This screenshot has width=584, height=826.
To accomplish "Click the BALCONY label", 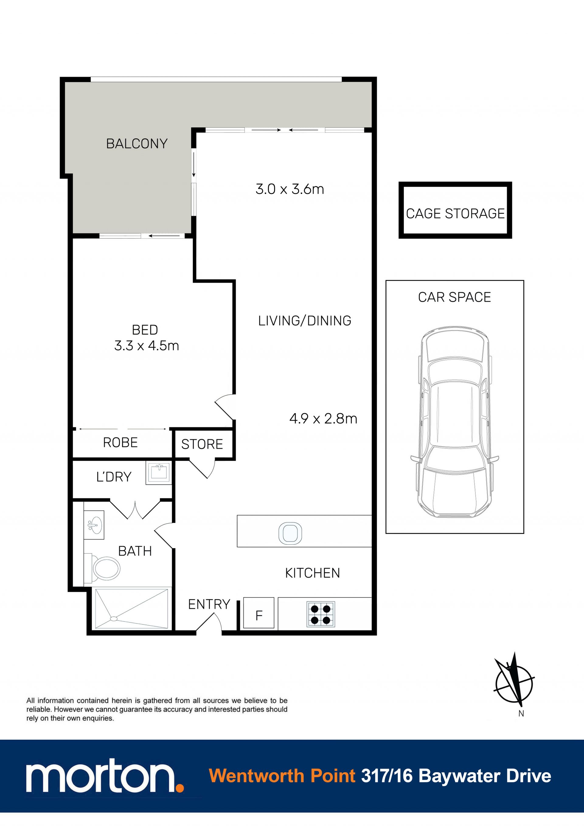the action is point(137,143).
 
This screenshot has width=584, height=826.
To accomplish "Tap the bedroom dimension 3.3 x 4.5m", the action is point(147,346).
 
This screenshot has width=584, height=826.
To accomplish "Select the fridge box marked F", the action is point(259,613).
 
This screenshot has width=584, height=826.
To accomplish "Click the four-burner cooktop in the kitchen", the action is point(321,614).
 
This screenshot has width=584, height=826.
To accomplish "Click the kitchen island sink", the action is point(290,533).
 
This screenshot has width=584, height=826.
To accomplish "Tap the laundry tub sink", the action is point(159,473).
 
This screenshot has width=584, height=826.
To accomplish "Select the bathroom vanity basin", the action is point(94,525).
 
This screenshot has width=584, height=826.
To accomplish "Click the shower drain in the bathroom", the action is point(114,618).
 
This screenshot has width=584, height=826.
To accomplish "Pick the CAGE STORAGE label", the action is point(455,213).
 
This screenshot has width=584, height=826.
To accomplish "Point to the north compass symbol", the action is point(514,683).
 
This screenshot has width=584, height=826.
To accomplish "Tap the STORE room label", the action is point(202,444).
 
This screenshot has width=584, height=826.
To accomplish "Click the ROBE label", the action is point(120,443).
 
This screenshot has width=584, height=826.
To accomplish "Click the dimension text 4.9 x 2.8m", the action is point(323,419).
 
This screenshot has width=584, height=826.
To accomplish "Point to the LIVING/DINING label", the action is point(304,320).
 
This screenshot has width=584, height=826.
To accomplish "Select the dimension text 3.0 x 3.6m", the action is point(290,189).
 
